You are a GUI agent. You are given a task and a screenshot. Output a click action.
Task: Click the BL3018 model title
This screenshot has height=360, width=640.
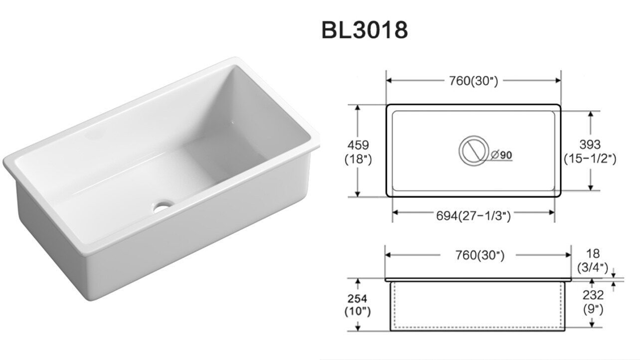364,30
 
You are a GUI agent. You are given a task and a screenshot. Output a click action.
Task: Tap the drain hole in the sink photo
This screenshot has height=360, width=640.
163,206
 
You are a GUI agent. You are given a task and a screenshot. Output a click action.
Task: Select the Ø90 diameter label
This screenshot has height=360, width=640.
501,155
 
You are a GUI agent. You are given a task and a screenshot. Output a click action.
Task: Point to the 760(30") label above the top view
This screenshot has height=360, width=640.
474,81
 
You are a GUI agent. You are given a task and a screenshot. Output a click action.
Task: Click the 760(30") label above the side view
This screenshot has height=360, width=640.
480,255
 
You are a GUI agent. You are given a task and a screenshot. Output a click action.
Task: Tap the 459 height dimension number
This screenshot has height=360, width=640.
358,145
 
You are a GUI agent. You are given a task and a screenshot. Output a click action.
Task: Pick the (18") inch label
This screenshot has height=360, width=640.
358,159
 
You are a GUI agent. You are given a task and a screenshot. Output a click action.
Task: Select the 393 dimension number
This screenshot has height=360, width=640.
590,145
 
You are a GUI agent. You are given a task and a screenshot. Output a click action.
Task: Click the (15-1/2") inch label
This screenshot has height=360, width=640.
590,159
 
